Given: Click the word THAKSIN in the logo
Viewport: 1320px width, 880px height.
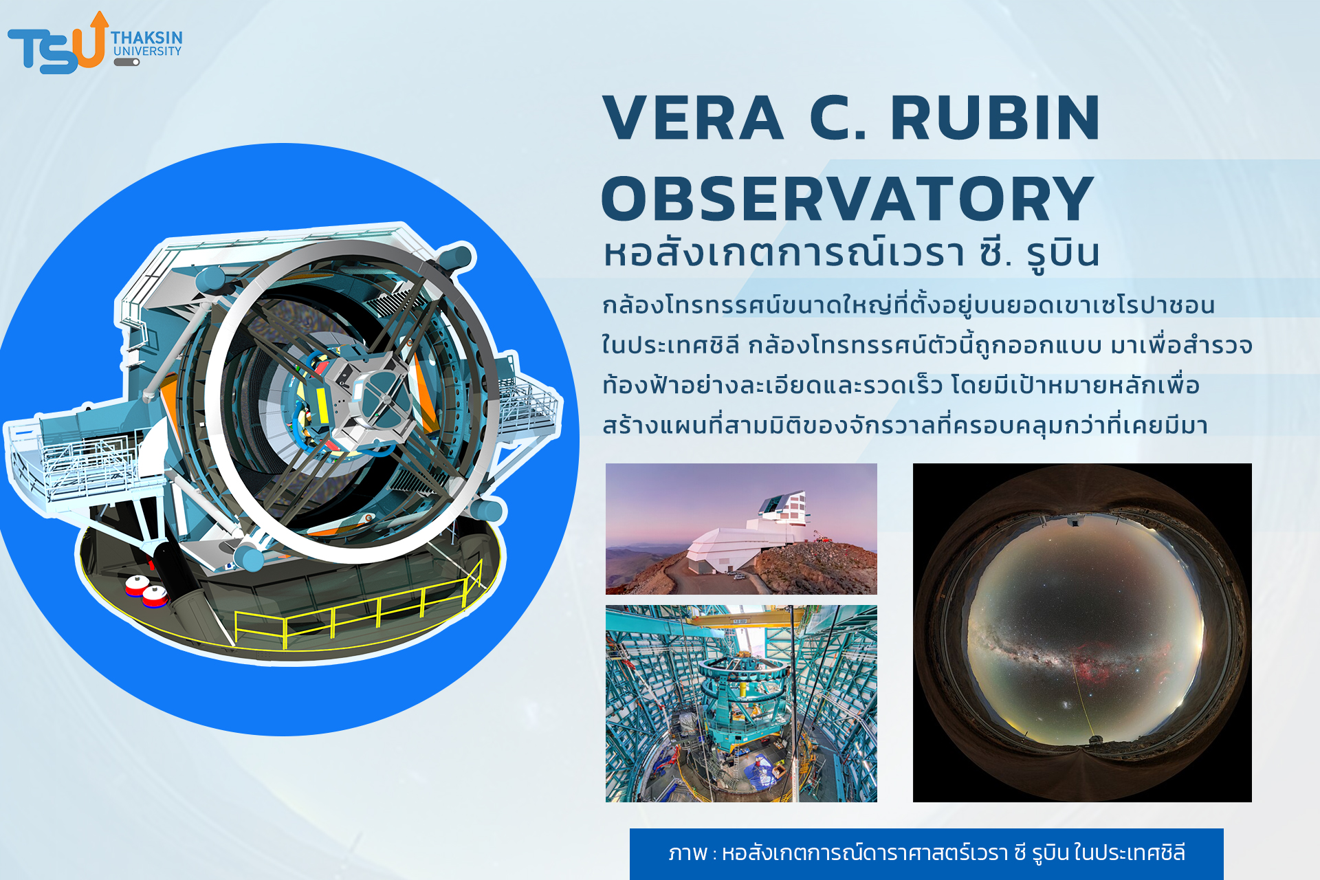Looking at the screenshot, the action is pos(147,37).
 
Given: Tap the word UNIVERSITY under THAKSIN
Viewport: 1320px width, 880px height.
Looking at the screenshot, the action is pos(147,51).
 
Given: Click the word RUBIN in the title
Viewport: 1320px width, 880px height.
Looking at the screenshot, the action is pos(995,118).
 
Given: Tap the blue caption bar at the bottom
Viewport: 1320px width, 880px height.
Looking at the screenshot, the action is pos(926,854).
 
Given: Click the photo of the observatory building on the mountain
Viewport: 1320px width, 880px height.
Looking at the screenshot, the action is pos(741,529).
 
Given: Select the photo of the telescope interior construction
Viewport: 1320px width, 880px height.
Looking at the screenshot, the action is pos(741,703).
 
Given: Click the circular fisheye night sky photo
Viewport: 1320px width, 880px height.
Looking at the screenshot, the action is pos(1082,632).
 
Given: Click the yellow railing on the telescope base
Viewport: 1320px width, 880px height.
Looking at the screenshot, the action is pos(357,608).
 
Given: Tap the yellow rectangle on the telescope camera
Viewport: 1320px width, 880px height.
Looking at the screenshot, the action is pos(322,405).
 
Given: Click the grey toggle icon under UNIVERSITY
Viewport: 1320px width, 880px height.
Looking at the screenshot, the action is pos(126,62).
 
